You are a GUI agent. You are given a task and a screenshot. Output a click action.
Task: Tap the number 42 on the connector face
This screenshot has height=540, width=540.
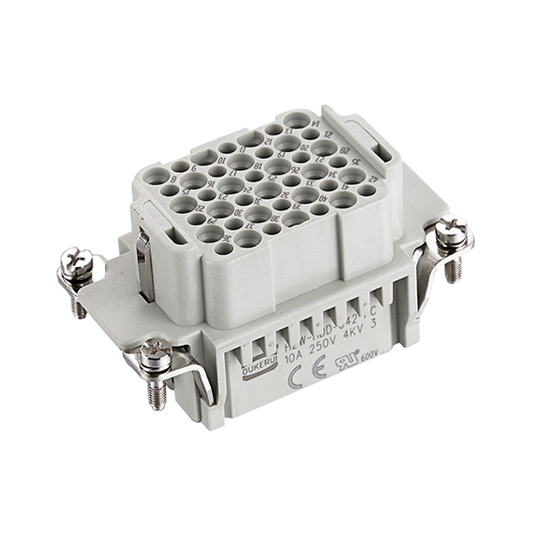tap(372, 179)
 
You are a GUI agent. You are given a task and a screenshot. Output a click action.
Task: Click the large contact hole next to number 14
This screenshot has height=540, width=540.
tap(296, 120)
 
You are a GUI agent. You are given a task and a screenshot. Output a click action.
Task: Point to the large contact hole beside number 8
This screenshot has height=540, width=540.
tap(156, 175)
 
